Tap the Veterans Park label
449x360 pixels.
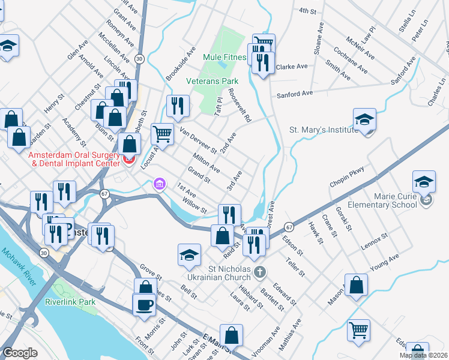[194, 81]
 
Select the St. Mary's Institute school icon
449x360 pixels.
[364, 121]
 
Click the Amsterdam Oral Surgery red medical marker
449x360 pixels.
[127, 159]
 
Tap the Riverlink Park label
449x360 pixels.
[70, 302]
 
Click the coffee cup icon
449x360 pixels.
[144, 305]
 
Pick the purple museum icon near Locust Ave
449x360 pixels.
[159, 182]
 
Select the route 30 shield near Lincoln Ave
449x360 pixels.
[139, 58]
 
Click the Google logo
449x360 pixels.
[20, 353]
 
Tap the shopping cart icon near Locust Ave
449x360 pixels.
[162, 134]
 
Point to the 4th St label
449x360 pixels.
[307, 11]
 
